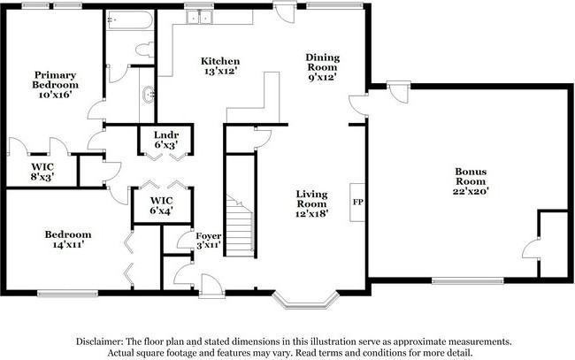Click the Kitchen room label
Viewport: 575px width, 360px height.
(220, 61)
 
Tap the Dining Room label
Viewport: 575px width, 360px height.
(323, 62)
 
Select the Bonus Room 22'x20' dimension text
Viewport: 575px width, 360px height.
(471, 191)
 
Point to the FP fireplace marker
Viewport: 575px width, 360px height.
(358, 202)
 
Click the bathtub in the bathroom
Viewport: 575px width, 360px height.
(129, 20)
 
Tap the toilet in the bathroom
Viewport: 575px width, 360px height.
(144, 50)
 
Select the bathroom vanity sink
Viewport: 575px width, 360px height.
(149, 95)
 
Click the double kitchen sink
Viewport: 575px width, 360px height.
(199, 17)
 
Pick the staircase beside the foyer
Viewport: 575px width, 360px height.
(240, 225)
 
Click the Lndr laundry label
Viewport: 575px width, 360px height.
(166, 135)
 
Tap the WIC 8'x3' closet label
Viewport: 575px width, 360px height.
(42, 172)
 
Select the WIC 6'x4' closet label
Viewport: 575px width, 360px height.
(161, 206)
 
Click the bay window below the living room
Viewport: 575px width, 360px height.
(305, 301)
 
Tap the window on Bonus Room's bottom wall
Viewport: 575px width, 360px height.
(468, 281)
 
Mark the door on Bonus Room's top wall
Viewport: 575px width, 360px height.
(399, 92)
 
